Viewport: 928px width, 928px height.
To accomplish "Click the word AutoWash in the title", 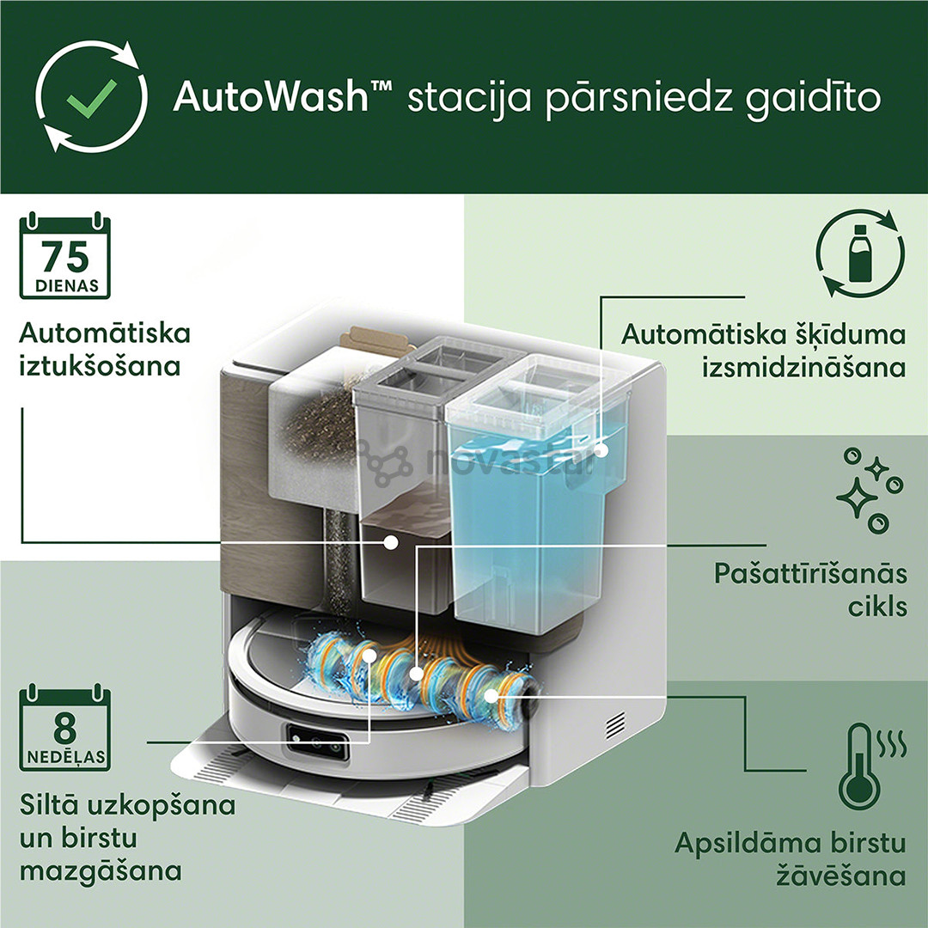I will pos(270,97).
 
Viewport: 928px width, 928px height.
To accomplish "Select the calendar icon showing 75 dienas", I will pos(64,258).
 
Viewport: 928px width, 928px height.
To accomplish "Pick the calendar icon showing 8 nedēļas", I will pos(64,730).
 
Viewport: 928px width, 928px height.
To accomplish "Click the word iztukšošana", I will pos(100,365).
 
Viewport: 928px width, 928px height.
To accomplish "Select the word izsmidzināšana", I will pos(803,367).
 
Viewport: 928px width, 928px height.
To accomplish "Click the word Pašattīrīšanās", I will pos(810,573).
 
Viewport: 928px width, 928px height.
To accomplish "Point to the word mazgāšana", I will pos(101,870).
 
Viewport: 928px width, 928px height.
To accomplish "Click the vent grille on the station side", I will pos(615,726).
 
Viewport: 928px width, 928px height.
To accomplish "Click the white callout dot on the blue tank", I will pos(599,449).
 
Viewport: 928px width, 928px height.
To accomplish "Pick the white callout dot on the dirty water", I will pos(391,542).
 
